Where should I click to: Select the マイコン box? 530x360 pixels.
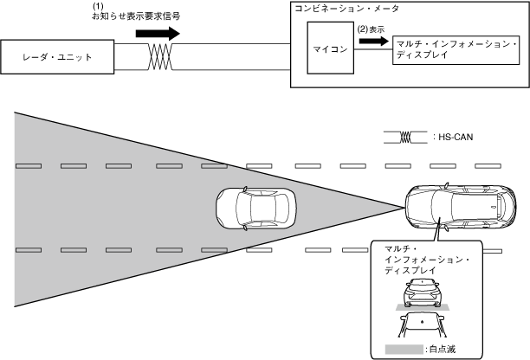coord(328,50)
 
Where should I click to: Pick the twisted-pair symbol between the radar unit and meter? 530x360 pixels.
coord(160,58)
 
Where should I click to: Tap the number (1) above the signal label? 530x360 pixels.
coord(97,7)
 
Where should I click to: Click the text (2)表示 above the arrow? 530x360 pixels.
coord(371,29)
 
